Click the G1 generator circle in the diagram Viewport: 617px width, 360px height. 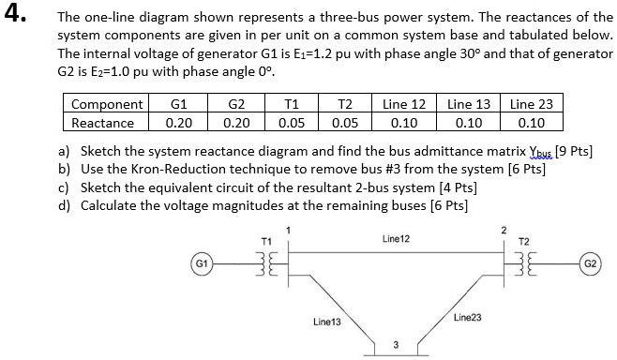(x=199, y=263)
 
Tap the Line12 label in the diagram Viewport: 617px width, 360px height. (x=397, y=240)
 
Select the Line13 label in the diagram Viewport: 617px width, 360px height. (x=327, y=322)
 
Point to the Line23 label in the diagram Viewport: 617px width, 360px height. (x=467, y=318)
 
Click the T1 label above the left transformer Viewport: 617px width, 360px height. (x=265, y=240)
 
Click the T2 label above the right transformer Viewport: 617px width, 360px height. (x=523, y=240)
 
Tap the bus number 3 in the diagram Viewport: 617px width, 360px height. (x=396, y=345)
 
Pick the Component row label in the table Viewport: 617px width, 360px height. (x=107, y=104)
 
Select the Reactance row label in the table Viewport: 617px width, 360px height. (x=103, y=122)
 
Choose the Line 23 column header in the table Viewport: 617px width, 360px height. (x=531, y=104)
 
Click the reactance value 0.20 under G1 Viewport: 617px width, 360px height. (x=178, y=122)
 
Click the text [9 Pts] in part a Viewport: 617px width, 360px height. (x=575, y=151)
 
